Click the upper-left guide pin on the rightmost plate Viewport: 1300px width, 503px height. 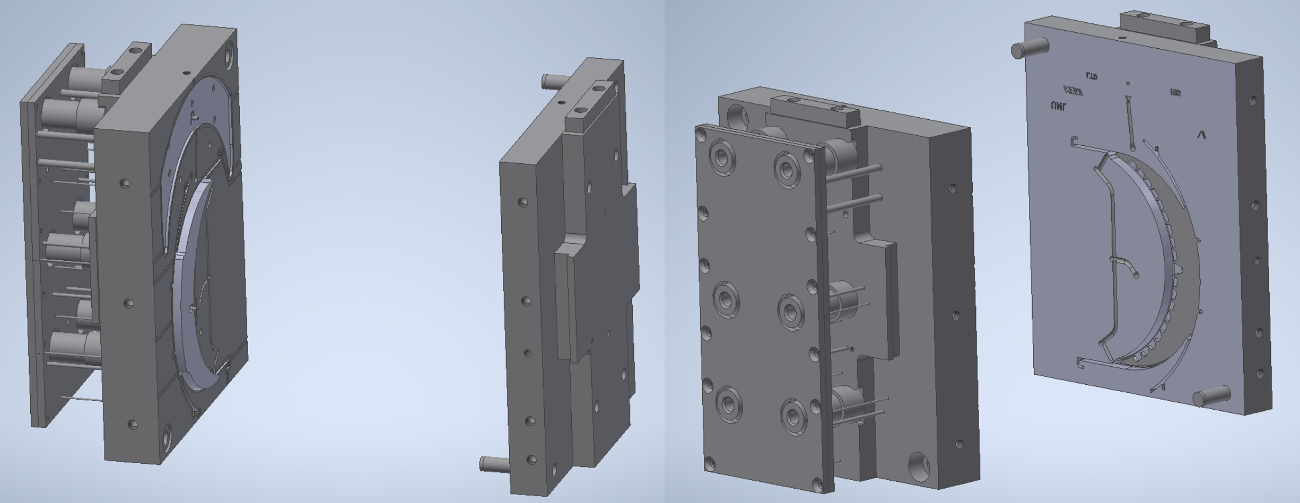(1029, 48)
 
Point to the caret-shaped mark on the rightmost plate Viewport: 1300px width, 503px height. (1201, 135)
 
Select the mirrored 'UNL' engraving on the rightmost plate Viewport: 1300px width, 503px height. (1058, 107)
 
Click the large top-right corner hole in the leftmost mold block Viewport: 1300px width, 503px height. (230, 54)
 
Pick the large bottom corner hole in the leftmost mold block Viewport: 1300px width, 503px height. (168, 437)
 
